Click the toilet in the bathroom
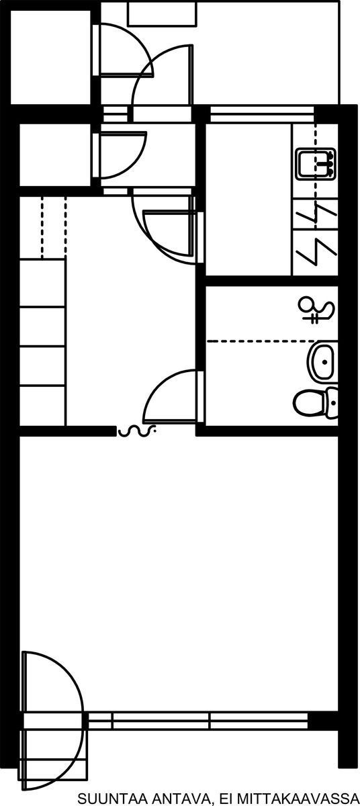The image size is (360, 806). [316, 402]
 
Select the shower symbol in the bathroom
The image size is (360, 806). [316, 310]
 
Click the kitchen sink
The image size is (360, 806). [316, 164]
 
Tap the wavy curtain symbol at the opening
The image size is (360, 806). [136, 431]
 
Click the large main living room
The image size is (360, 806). [179, 576]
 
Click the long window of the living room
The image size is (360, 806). [198, 721]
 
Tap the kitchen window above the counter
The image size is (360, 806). [262, 114]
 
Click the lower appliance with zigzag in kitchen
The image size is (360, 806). [316, 253]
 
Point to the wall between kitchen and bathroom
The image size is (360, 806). [272, 281]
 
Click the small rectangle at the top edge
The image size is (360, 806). [162, 13]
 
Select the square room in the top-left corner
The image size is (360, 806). [50, 57]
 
